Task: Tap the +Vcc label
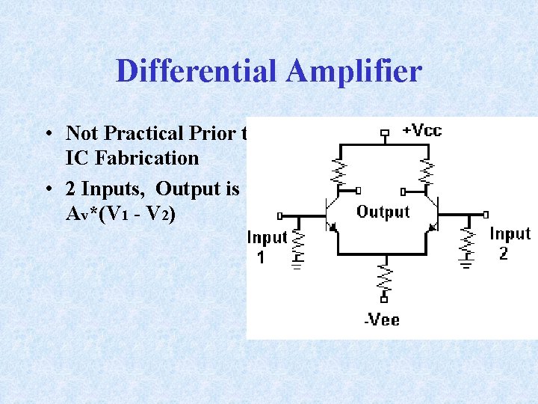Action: pos(422,130)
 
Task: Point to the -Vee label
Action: pos(382,320)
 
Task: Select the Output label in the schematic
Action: pos(383,212)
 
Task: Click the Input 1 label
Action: pos(267,246)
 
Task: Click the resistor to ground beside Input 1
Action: pos(299,243)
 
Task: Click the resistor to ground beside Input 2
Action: pos(467,243)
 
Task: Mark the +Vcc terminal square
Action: pos(385,134)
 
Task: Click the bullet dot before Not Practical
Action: pos(47,135)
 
